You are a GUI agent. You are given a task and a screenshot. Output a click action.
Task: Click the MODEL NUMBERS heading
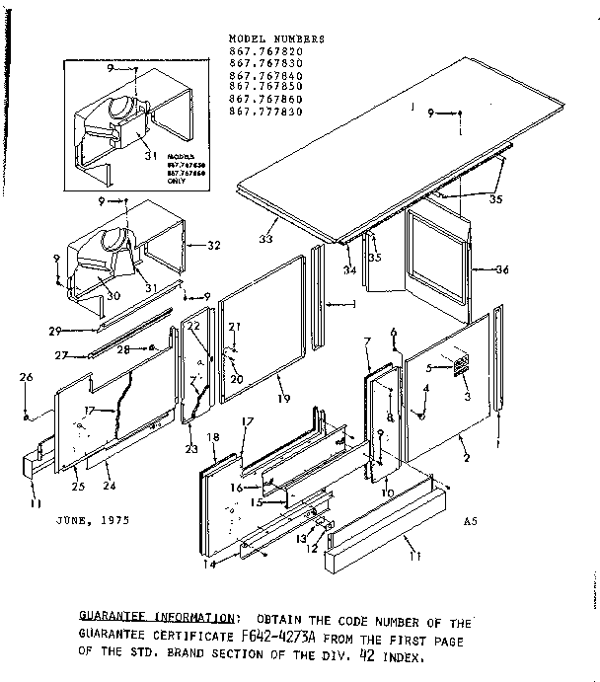[x=275, y=38]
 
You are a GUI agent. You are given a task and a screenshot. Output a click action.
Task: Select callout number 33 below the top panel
[x=265, y=240]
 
